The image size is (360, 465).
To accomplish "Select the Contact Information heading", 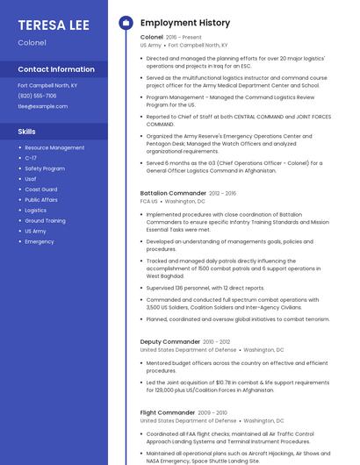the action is [x=56, y=69].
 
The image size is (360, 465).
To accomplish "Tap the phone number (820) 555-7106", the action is [x=37, y=96].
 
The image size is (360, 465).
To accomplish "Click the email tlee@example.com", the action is [x=42, y=106].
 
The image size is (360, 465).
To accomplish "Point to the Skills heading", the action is [x=26, y=131].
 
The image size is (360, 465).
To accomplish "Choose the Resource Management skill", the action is [x=54, y=147].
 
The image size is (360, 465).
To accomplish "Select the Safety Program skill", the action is [x=45, y=168].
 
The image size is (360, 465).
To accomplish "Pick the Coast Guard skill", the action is [x=41, y=190].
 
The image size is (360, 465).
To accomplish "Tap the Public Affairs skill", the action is [x=41, y=200].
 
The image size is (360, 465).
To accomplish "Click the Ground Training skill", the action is [x=45, y=221].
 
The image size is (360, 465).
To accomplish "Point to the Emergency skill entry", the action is [x=40, y=241].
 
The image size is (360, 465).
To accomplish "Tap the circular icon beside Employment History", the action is [x=126, y=22].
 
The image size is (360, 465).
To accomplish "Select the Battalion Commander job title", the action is [x=173, y=193].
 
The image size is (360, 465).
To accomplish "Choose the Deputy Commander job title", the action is [x=170, y=341].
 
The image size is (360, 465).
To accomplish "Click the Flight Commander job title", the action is [x=167, y=412].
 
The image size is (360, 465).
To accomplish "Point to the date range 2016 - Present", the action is [x=184, y=38].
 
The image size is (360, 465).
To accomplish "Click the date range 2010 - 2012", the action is [x=217, y=341].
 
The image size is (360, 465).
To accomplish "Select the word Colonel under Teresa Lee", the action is [x=32, y=42].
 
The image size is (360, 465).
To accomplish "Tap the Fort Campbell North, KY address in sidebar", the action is [x=47, y=85].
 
